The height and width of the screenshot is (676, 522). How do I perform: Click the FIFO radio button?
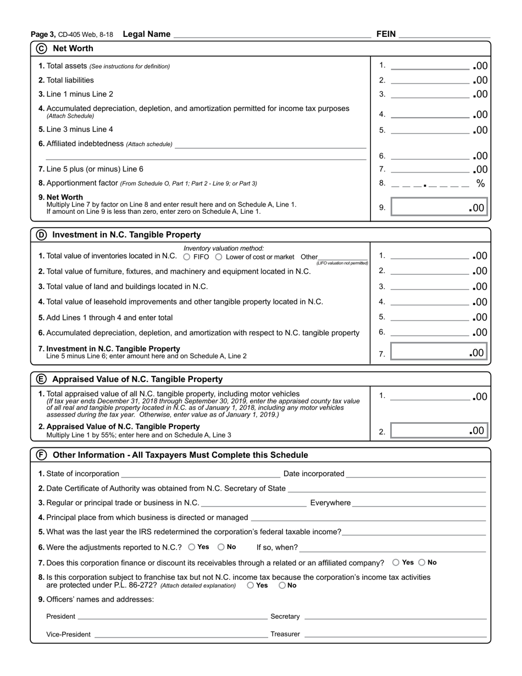click(187, 257)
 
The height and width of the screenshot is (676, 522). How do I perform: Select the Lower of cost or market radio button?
click(219, 257)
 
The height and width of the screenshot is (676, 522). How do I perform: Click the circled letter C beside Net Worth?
click(42, 48)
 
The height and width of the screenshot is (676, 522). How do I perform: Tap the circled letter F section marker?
click(42, 455)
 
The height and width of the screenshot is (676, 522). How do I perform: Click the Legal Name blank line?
click(272, 35)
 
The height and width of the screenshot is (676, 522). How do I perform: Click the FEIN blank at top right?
click(444, 35)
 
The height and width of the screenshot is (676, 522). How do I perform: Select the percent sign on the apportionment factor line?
click(481, 184)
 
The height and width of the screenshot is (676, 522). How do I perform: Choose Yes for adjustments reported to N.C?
click(191, 547)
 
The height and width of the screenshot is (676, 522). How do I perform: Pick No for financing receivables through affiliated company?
click(422, 562)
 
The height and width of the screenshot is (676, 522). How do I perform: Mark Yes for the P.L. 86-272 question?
click(251, 585)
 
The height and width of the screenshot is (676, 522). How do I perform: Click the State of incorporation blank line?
click(201, 474)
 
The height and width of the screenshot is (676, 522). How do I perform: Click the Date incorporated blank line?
click(416, 474)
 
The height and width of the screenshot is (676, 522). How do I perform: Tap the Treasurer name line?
click(395, 634)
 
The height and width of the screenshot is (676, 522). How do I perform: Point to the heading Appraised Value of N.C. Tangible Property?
click(137, 379)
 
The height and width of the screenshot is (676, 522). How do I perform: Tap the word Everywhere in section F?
click(330, 503)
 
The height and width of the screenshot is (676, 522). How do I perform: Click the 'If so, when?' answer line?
click(393, 547)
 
